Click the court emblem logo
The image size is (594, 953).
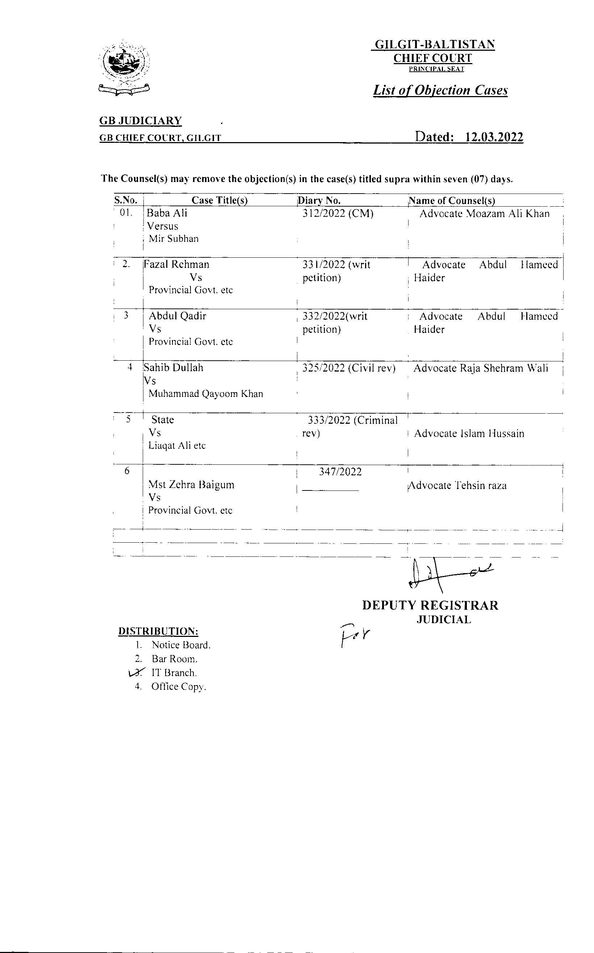124,68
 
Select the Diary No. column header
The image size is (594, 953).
319,200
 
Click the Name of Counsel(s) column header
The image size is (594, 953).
452,200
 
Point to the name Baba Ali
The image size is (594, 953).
167,213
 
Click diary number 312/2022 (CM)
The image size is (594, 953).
338,214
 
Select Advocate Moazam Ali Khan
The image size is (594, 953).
484,214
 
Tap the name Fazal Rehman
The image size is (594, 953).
176,264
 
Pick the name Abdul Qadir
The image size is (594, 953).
177,316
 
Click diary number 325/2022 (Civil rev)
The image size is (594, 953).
348,368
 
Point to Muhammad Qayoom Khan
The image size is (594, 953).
205,394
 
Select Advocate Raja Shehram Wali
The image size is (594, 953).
481,368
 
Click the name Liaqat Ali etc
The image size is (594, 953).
177,446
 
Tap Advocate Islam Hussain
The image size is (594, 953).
469,433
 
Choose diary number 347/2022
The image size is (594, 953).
340,472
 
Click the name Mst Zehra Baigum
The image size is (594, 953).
191,484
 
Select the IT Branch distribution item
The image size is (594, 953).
174,673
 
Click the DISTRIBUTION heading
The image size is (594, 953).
158,631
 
